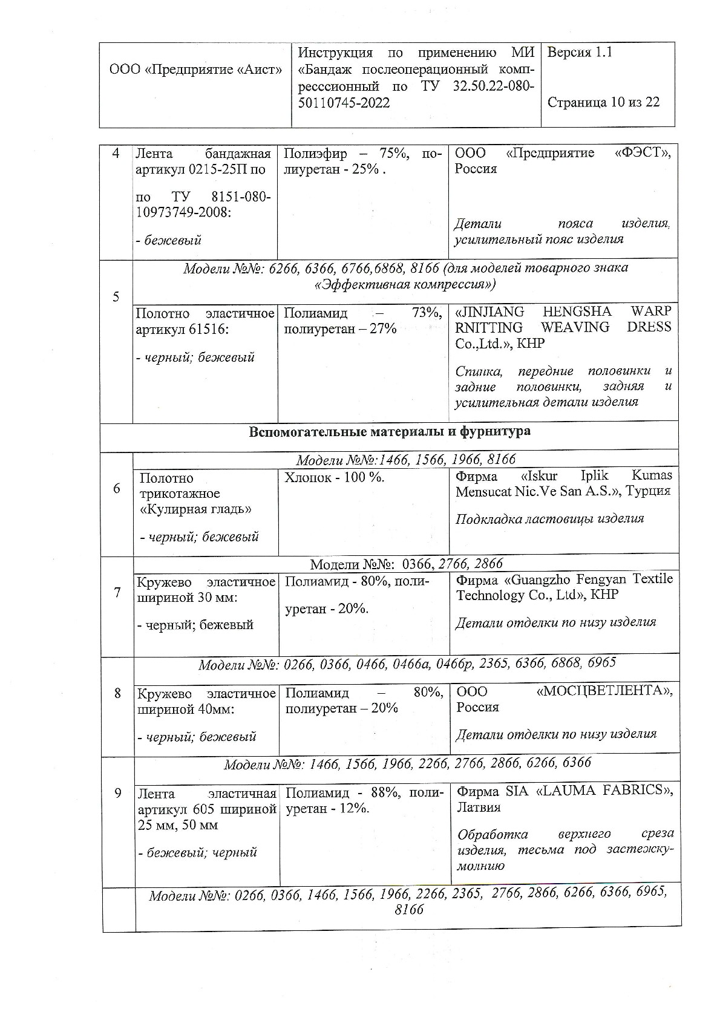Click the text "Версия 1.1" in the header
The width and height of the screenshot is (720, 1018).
click(580, 53)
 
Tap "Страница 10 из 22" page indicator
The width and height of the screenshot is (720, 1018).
click(603, 102)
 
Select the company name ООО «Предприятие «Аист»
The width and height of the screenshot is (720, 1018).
click(195, 70)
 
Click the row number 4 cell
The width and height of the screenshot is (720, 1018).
click(116, 154)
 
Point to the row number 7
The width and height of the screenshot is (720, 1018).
click(117, 592)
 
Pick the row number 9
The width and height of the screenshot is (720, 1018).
click(118, 793)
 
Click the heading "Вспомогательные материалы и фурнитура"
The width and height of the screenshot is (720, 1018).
click(390, 432)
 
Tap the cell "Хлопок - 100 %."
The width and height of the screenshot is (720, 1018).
click(334, 478)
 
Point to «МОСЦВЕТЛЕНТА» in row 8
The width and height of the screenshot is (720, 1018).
click(604, 691)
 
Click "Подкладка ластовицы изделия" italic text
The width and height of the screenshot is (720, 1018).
click(549, 519)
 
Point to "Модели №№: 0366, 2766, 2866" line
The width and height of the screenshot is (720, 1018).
click(406, 564)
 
